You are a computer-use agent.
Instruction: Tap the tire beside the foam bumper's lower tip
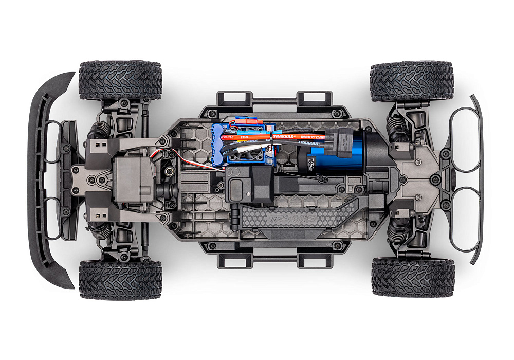coord(120,280)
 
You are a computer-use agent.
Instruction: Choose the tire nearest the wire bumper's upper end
coord(412,81)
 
